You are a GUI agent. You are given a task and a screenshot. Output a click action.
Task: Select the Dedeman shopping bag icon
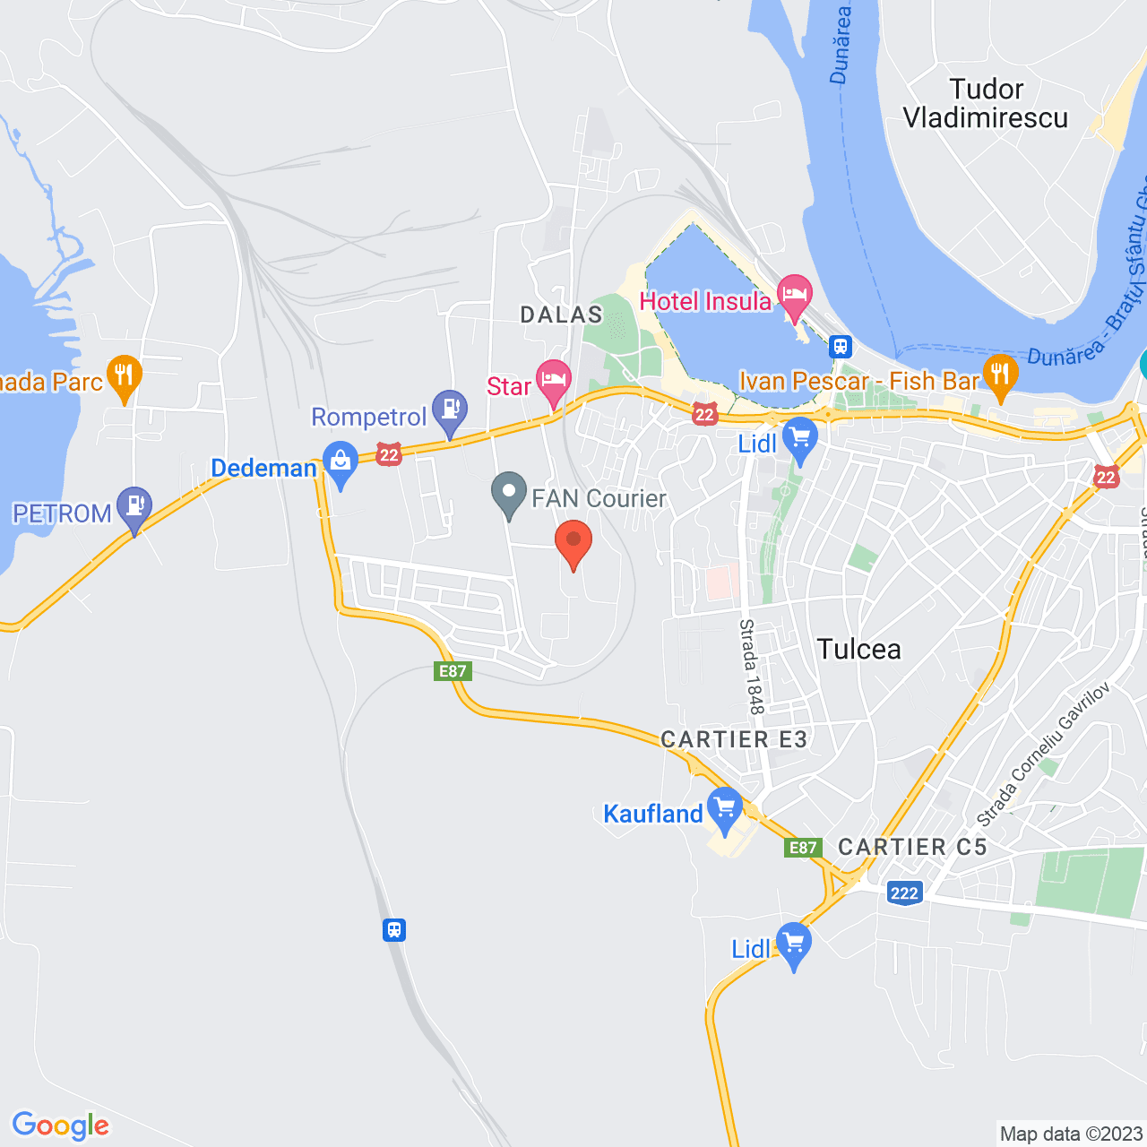(341, 462)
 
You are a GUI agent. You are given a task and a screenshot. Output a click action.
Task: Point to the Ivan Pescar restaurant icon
(1000, 375)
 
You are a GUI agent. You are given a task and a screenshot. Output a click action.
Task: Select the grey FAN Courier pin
(509, 493)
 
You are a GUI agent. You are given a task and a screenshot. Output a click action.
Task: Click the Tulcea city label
(858, 649)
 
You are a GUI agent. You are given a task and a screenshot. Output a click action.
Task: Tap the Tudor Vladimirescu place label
(986, 103)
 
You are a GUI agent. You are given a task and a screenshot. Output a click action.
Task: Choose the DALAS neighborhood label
(562, 315)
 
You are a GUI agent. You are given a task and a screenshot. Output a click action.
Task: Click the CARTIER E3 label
(734, 739)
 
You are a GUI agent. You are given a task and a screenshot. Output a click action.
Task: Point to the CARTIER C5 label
(912, 847)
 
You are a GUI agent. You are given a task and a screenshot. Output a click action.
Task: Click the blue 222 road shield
(904, 893)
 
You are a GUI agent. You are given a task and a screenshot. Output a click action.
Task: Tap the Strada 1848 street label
(751, 667)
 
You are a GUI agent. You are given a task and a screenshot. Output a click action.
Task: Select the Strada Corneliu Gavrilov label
(1043, 755)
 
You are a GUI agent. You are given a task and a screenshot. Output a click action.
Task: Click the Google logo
(61, 1125)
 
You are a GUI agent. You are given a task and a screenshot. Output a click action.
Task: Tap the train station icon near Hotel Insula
(841, 346)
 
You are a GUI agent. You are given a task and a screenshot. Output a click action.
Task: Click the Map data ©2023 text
(1071, 1134)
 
